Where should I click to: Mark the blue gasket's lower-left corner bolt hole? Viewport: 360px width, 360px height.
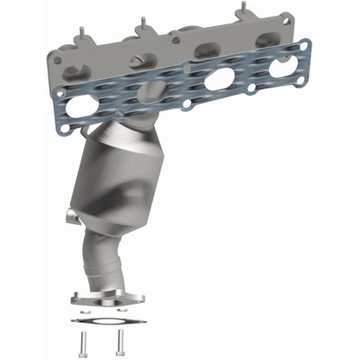(x=62, y=128)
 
